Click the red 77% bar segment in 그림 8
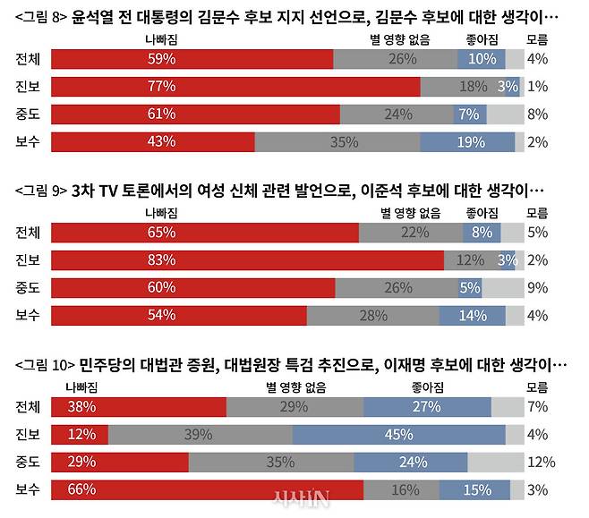pos(235,87)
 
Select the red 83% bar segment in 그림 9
pos(248,260)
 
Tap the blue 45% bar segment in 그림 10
pos(398,434)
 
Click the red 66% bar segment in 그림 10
pos(207,489)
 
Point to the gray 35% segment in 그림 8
pos(337,141)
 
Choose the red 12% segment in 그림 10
pos(80,434)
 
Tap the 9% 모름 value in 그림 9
pos(537,288)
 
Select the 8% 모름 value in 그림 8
pos(537,115)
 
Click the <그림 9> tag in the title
pos(41,191)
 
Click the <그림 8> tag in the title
pos(41,17)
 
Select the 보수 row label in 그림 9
pos(28,316)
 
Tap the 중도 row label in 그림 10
pos(28,462)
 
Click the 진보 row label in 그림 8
pos(28,87)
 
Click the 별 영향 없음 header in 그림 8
pos(399,39)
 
